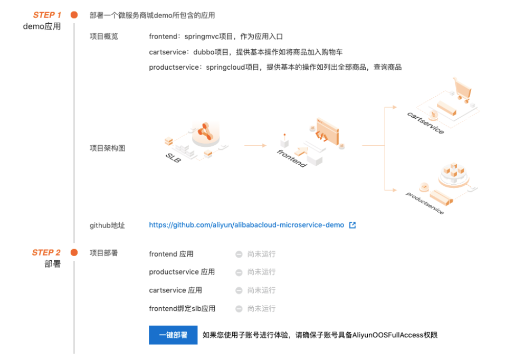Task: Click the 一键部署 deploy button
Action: [173, 335]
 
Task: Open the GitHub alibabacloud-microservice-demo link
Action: [246, 225]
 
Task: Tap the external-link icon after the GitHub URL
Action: [352, 225]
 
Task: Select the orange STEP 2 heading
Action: [46, 252]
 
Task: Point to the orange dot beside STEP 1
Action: [74, 15]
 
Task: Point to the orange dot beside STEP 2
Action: [74, 252]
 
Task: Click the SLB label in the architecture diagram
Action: [173, 158]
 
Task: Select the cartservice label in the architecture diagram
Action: [425, 122]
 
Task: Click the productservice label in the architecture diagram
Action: [425, 203]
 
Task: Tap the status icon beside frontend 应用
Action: [239, 254]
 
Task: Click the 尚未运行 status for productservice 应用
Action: [261, 272]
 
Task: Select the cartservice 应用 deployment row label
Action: [175, 290]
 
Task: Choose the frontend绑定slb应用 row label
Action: [182, 308]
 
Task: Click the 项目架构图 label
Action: [107, 148]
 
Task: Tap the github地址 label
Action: [107, 225]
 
